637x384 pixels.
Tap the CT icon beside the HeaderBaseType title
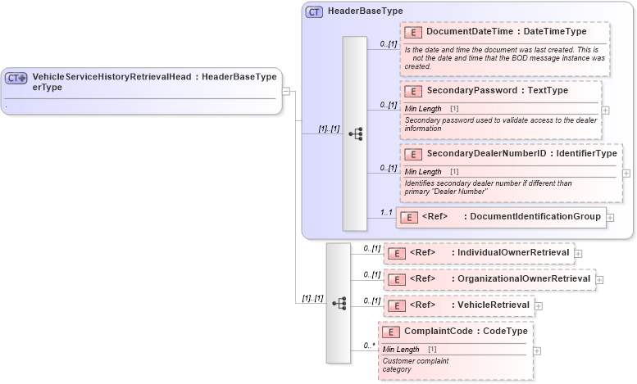coord(314,12)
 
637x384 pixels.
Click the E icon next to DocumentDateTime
coord(414,32)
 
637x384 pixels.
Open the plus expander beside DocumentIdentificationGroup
coord(611,218)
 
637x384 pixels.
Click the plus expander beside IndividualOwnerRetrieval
coord(579,253)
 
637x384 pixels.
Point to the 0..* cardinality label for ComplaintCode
coord(368,346)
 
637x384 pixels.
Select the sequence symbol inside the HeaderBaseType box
coord(355,133)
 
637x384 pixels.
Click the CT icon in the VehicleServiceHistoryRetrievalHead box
coord(16,79)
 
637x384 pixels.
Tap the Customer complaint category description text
coord(415,364)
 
